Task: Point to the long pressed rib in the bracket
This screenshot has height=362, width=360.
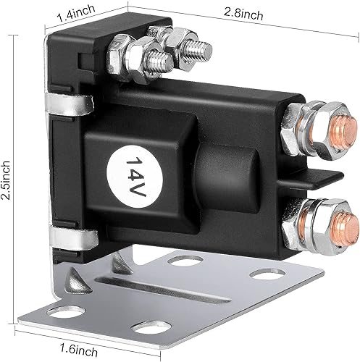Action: click(174, 285)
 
